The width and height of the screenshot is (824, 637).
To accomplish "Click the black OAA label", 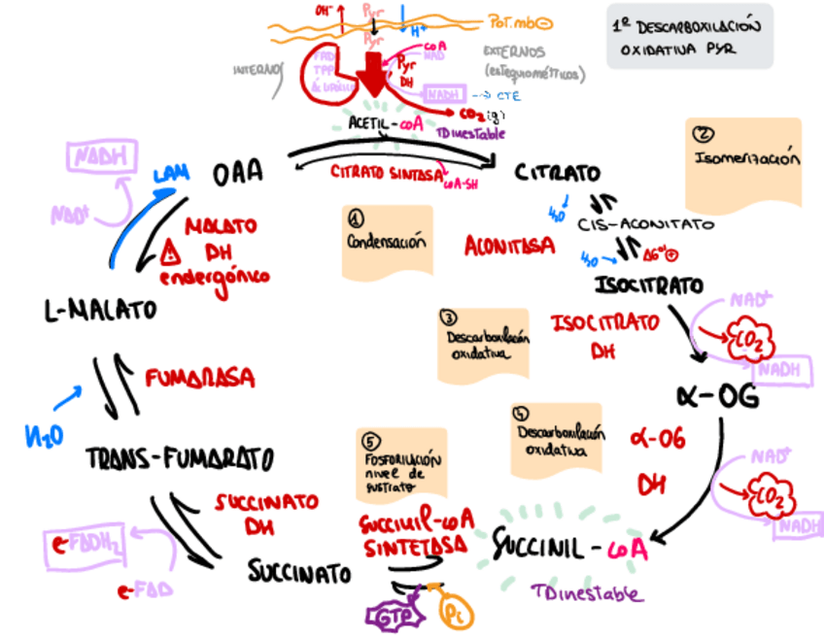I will (238, 173).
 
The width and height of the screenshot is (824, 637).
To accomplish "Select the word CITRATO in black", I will (557, 174).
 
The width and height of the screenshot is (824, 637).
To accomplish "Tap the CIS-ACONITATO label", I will (644, 224).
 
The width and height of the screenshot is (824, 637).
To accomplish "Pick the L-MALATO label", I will (100, 312).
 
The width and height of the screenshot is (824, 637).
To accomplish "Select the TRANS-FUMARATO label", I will (180, 456).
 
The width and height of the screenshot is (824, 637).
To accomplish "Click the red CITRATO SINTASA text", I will (384, 172).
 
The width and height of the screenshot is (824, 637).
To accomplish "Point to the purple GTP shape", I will (391, 614).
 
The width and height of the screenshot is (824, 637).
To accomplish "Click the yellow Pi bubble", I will (455, 613).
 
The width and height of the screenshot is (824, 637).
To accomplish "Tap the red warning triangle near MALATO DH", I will (173, 254).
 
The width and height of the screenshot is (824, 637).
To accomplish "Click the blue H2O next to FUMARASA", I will (44, 436).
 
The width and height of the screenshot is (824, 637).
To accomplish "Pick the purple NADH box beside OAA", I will (98, 157).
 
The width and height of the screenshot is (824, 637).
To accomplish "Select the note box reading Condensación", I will (387, 241).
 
